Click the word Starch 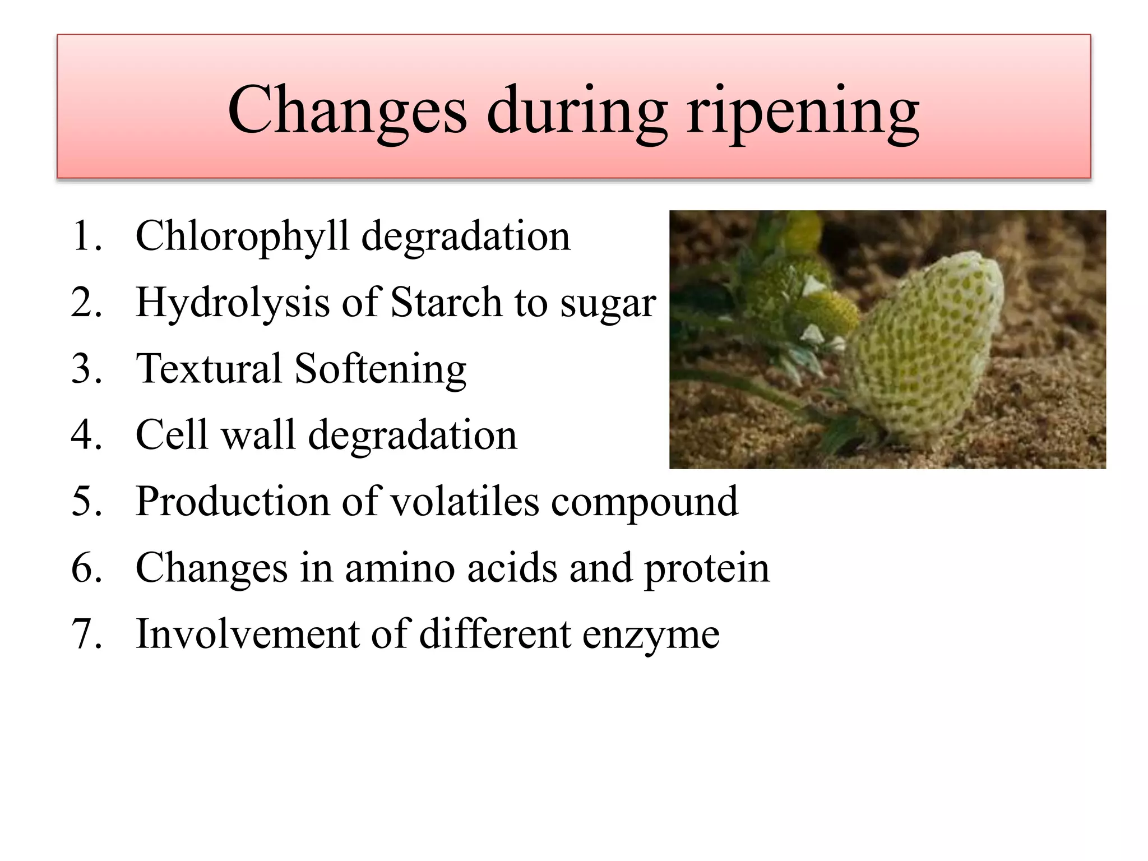pyautogui.click(x=446, y=303)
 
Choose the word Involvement pyautogui.click(x=247, y=634)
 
